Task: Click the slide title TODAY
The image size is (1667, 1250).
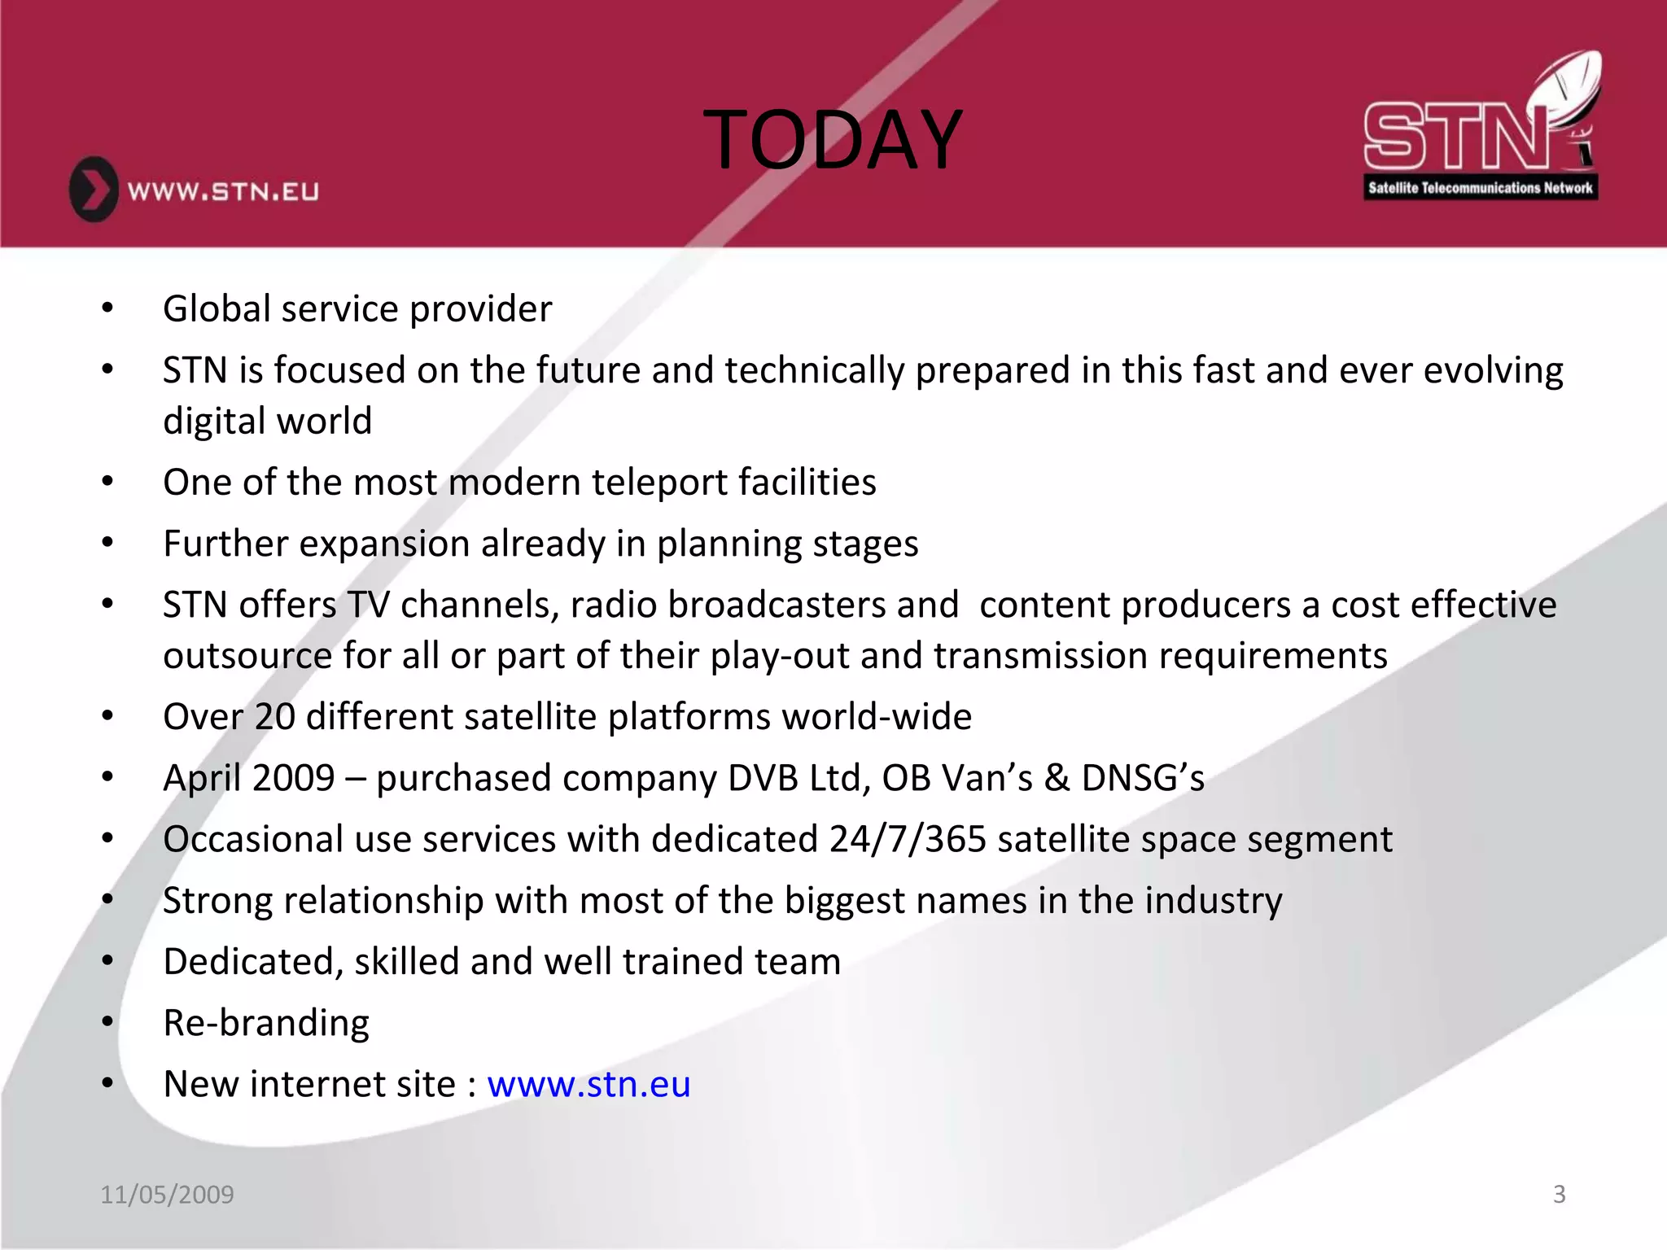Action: pyautogui.click(x=833, y=140)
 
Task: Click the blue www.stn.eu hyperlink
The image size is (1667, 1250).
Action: pyautogui.click(x=588, y=1084)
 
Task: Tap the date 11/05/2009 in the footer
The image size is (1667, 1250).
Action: pyautogui.click(x=167, y=1194)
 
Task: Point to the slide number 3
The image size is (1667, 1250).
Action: pyautogui.click(x=1559, y=1194)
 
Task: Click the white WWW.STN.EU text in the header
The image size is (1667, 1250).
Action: pyautogui.click(x=223, y=192)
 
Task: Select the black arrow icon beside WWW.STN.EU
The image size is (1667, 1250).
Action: pyautogui.click(x=94, y=190)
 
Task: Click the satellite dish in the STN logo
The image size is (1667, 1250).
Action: pyautogui.click(x=1567, y=90)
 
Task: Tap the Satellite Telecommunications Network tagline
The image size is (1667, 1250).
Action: pyautogui.click(x=1480, y=188)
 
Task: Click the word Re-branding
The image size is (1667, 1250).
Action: pyautogui.click(x=266, y=1023)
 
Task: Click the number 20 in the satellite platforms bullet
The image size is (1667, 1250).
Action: pyautogui.click(x=274, y=717)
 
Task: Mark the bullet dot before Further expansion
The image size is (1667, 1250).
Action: pyautogui.click(x=107, y=543)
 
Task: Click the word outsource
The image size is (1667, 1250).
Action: pyautogui.click(x=247, y=656)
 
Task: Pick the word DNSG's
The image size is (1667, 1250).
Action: pyautogui.click(x=1143, y=778)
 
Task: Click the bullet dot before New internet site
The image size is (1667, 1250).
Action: pyautogui.click(x=107, y=1083)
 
